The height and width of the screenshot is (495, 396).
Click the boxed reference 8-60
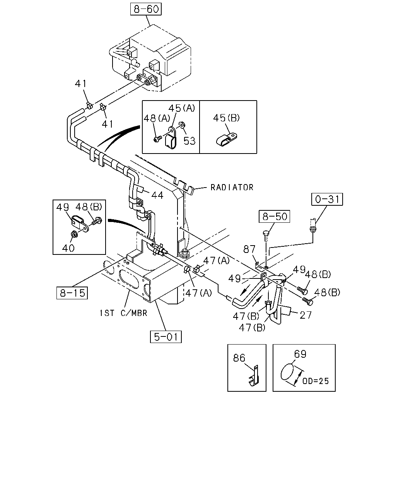pyautogui.click(x=146, y=9)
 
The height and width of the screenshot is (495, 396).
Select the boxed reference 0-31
pyautogui.click(x=327, y=199)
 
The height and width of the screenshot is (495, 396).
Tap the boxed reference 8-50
pyautogui.click(x=274, y=217)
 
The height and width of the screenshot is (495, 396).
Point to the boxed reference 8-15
pyautogui.click(x=72, y=293)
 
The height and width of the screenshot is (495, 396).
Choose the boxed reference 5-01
pyautogui.click(x=166, y=337)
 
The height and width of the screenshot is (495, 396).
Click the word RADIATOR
pyautogui.click(x=232, y=188)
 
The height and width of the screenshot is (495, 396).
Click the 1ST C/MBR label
pyautogui.click(x=123, y=313)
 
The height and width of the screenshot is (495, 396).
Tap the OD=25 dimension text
pyautogui.click(x=316, y=381)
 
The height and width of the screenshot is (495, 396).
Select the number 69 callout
pyautogui.click(x=300, y=354)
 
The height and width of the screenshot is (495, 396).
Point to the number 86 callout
pyautogui.click(x=239, y=358)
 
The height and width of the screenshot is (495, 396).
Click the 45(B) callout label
pyautogui.click(x=226, y=118)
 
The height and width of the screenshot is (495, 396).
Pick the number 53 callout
pyautogui.click(x=189, y=141)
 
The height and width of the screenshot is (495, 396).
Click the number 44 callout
pyautogui.click(x=157, y=195)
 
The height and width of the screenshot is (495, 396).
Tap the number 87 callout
pyautogui.click(x=249, y=249)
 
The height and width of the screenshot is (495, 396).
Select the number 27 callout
pyautogui.click(x=306, y=315)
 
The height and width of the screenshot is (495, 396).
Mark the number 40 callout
pyautogui.click(x=68, y=248)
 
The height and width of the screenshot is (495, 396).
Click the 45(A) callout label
pyautogui.click(x=182, y=108)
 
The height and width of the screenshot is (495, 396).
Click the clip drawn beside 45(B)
pyautogui.click(x=227, y=139)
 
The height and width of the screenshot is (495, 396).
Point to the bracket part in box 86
pyautogui.click(x=254, y=376)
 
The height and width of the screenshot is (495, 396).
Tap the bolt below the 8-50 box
pyautogui.click(x=266, y=236)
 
